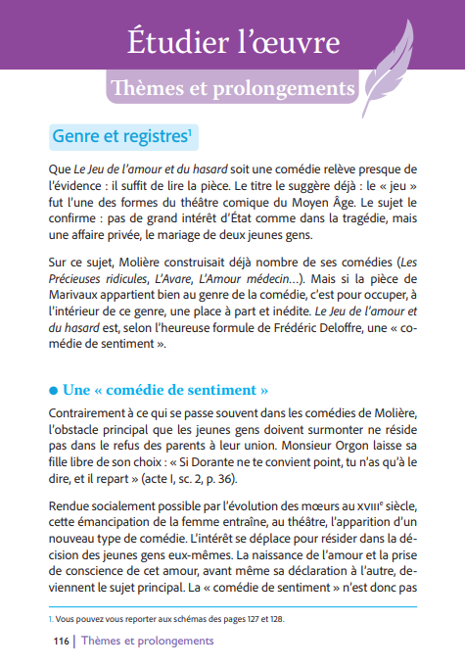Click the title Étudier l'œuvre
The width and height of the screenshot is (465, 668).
tap(232, 42)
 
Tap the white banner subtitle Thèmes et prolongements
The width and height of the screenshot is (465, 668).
tap(233, 88)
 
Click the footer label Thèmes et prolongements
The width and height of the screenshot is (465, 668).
tap(148, 641)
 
